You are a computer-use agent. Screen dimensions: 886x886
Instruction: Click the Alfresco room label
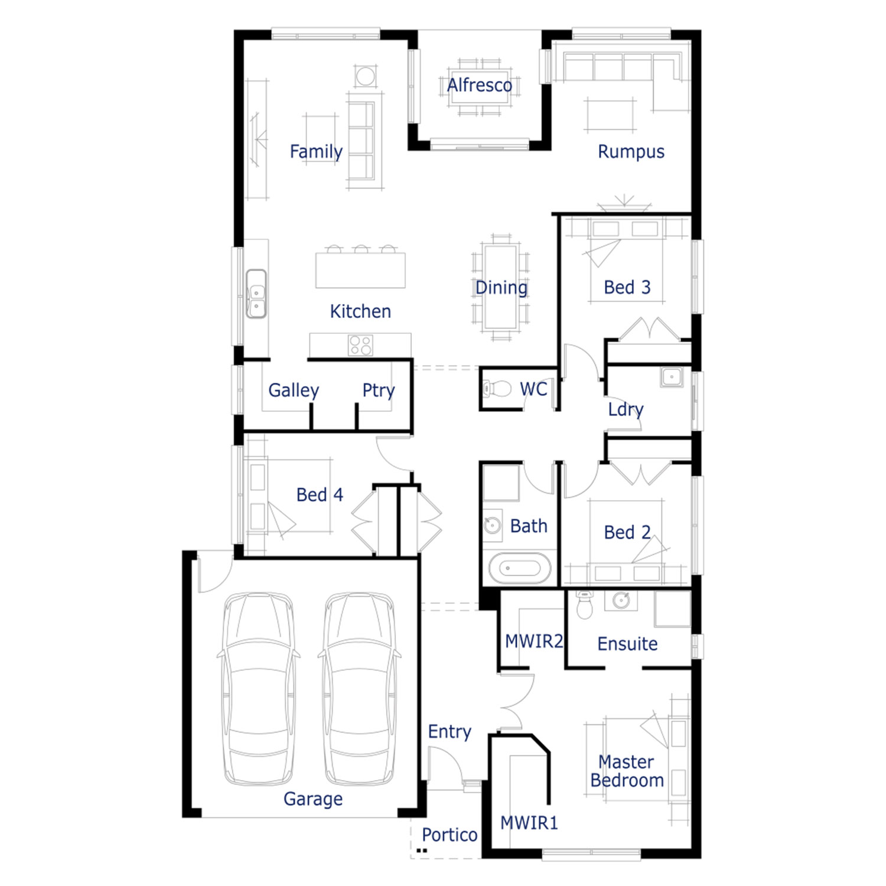(x=479, y=85)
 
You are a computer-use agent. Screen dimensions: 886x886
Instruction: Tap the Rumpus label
(x=631, y=152)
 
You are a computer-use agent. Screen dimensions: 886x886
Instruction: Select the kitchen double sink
(x=256, y=294)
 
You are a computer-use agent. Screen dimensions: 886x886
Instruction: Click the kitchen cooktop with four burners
(x=360, y=345)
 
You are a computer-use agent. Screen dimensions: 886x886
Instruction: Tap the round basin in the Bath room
(x=492, y=524)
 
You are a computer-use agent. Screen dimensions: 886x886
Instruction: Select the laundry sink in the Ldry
(x=672, y=377)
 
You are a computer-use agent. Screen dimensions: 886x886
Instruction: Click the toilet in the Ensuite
(x=584, y=604)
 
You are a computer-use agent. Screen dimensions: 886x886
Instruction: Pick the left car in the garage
(x=259, y=689)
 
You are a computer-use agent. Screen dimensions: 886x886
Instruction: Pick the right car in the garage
(x=360, y=689)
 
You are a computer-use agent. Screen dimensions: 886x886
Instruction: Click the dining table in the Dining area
(x=501, y=288)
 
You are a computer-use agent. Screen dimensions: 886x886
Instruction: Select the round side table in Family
(x=366, y=76)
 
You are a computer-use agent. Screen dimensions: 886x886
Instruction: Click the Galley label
(x=294, y=390)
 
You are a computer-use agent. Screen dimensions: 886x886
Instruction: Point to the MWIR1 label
(x=529, y=823)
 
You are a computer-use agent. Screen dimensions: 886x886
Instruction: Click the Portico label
(x=449, y=835)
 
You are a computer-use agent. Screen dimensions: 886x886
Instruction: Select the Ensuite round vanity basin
(x=621, y=601)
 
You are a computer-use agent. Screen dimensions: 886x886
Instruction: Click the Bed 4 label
(x=320, y=494)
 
